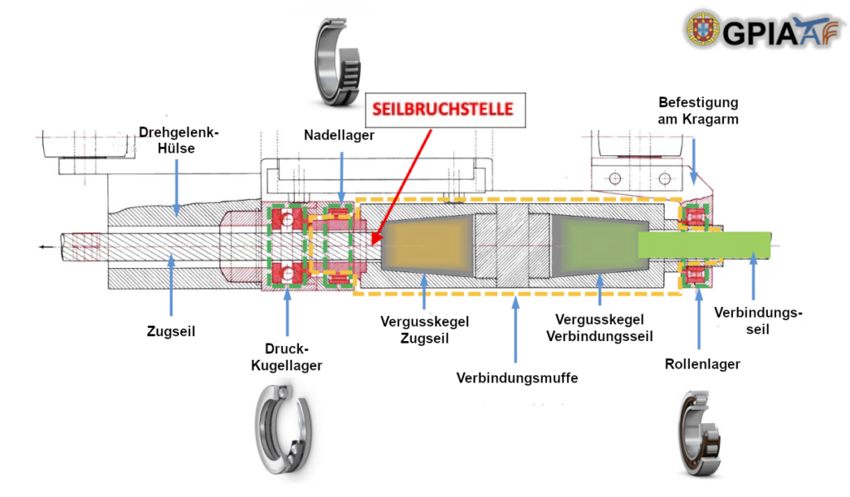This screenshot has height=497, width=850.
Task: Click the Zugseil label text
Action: click(171, 330)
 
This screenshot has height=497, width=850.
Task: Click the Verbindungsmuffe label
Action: click(516, 378)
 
